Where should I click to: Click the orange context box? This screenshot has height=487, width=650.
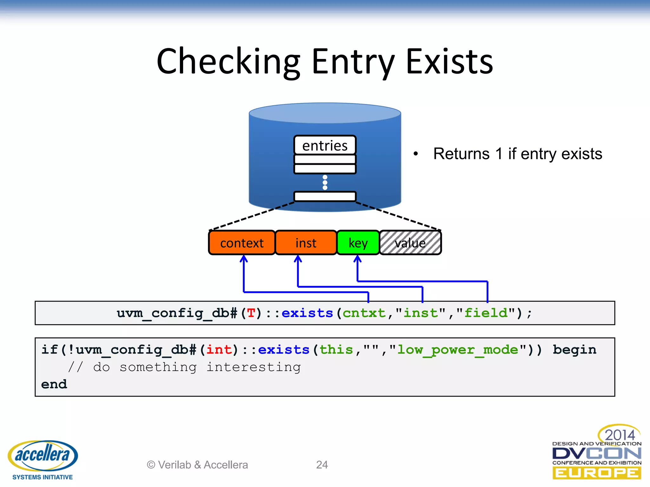242,243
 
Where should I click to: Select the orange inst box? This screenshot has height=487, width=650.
306,243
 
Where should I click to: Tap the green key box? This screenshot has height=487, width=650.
358,243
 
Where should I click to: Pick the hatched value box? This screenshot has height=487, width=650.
410,243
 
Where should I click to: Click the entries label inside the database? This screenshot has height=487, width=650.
325,146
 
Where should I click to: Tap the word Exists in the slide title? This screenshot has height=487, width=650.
449,62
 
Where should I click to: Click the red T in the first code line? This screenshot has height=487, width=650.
251,313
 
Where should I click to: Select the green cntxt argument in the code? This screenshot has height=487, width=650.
364,313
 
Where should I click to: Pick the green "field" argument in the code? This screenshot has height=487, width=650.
486,313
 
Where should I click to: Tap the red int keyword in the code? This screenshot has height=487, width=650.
219,350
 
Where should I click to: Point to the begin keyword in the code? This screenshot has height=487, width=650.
574,350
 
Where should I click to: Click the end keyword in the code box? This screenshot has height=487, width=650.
54,384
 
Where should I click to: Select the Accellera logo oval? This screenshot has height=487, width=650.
43,455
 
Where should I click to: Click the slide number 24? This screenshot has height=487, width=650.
322,465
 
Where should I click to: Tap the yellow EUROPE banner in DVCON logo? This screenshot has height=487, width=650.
596,473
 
